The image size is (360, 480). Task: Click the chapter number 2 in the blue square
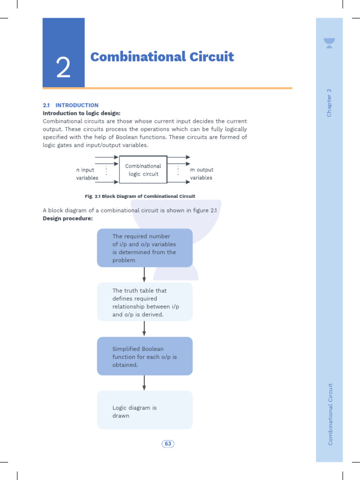point(63,68)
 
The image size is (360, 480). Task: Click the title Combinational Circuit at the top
point(162,57)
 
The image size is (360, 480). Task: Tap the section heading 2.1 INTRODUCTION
point(70,105)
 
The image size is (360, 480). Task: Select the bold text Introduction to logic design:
point(82,113)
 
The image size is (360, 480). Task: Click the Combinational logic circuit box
point(143,170)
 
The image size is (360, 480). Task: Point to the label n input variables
point(87,173)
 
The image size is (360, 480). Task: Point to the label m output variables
point(202,173)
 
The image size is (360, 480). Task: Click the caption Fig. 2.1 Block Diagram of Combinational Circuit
point(140,196)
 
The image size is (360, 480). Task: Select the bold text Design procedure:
point(67,218)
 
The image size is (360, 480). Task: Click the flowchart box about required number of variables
point(144,248)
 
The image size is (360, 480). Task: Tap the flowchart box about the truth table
point(144,302)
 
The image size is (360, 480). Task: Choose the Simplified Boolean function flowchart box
point(144,356)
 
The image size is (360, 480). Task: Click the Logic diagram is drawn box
point(144,410)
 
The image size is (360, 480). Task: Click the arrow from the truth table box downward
point(144,329)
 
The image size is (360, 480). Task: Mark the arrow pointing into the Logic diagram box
point(144,383)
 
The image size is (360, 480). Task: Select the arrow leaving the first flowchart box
point(144,275)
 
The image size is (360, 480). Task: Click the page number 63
point(168,444)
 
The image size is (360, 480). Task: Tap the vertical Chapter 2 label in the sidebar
point(329,103)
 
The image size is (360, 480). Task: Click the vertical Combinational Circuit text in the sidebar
point(330,414)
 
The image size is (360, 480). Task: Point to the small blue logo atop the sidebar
point(329,44)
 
